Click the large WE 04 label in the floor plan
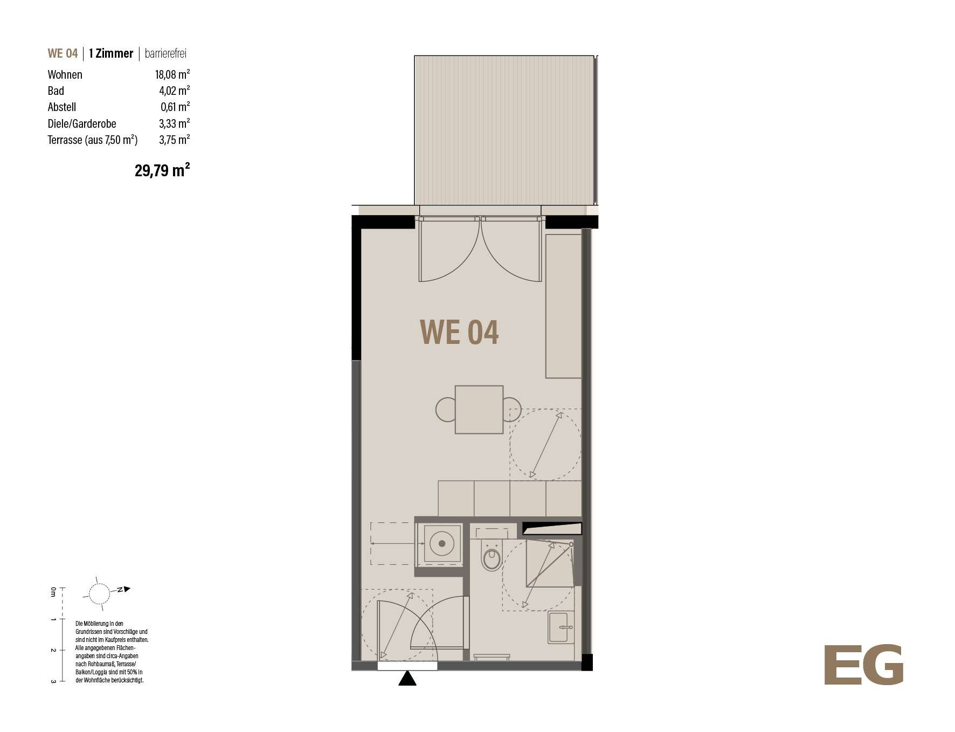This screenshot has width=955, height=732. coord(459,332)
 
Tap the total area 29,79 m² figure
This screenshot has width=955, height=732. coord(162,170)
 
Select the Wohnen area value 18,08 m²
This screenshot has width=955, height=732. coord(172,74)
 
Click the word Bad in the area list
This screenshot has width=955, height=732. coord(56,91)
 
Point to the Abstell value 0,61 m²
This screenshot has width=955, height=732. coord(175,107)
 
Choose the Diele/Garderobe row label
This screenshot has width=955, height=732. coord(82,123)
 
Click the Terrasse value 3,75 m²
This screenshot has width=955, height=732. coord(174,140)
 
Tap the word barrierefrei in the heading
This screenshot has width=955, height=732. coord(165,53)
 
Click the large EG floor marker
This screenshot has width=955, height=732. coord(863,665)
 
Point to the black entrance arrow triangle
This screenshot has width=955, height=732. coord(407,678)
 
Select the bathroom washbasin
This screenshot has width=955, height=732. coord(561,627)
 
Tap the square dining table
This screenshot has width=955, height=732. coord(479,410)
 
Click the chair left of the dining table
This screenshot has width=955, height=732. coord(446,410)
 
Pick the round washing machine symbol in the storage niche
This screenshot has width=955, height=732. coord(441,543)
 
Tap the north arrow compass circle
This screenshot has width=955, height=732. coord(99,594)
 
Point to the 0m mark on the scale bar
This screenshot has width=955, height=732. coord(53,592)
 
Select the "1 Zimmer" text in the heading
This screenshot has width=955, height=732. coord(111,53)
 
